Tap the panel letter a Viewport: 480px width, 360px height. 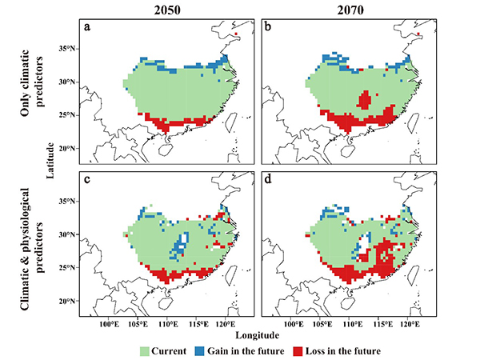coord(86,27)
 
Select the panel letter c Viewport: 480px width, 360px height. coord(86,180)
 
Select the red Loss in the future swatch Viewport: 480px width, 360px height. coord(298,350)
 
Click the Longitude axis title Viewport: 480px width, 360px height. coord(258,334)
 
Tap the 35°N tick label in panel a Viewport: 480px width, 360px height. coord(66,49)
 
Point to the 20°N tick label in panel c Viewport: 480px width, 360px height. coord(66,301)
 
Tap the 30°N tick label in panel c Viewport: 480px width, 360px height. coord(66,234)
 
